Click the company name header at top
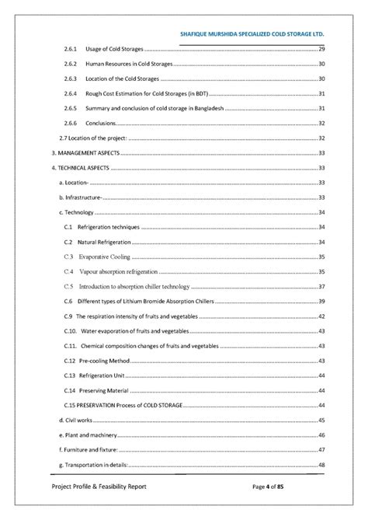251,36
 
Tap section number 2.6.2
69,65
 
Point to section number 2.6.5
69,109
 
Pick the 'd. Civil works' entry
75,420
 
